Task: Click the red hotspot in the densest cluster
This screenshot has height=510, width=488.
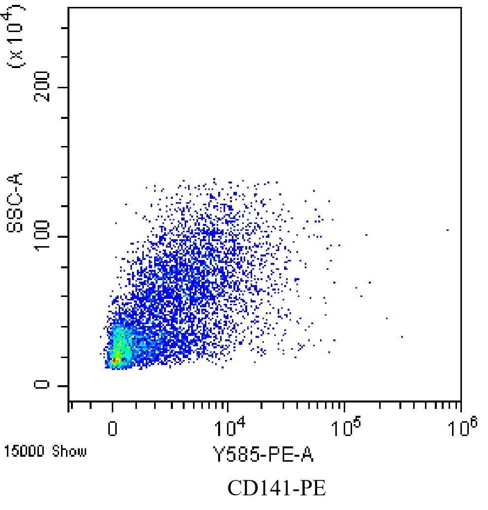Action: point(114,361)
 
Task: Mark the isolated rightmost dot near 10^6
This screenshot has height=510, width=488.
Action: point(448,230)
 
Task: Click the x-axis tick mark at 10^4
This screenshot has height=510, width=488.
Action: point(227,405)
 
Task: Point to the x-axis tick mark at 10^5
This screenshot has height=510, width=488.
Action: point(344,405)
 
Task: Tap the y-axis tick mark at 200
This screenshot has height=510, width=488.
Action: point(65,87)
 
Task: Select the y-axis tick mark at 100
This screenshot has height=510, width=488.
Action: point(65,237)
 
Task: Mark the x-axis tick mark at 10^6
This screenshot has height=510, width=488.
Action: point(460,405)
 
